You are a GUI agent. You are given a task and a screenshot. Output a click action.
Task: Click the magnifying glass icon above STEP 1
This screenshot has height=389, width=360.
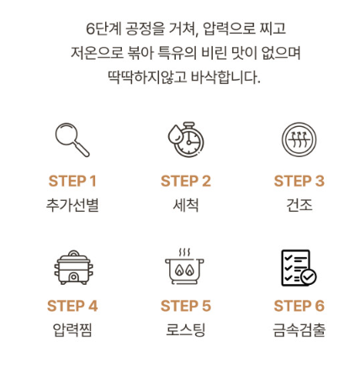pyautogui.click(x=71, y=139)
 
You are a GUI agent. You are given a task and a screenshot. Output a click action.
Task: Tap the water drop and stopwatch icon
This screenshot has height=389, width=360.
pyautogui.click(x=185, y=139)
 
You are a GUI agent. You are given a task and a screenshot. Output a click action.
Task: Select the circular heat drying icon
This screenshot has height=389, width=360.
pyautogui.click(x=299, y=139)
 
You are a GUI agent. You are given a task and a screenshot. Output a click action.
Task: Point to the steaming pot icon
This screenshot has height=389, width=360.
pyautogui.click(x=185, y=266)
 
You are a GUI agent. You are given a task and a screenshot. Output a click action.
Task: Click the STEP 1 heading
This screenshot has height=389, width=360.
pyautogui.click(x=72, y=181)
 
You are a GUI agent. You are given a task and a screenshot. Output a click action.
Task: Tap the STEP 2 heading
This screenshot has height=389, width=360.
pyautogui.click(x=185, y=181)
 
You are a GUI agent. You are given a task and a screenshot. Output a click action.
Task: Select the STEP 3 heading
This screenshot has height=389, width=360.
pyautogui.click(x=299, y=181)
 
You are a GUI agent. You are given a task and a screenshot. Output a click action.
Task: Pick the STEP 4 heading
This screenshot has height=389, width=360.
pyautogui.click(x=72, y=306)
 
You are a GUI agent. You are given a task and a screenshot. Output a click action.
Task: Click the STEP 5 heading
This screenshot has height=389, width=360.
pyautogui.click(x=185, y=306)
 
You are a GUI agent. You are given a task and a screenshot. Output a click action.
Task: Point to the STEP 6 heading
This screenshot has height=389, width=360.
pyautogui.click(x=299, y=306)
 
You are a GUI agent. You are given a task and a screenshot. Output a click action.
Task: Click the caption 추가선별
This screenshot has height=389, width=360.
pyautogui.click(x=72, y=204)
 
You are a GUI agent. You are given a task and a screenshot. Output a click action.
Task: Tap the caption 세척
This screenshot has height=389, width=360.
pyautogui.click(x=185, y=204)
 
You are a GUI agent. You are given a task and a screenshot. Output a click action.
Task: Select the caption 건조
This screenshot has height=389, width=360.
pyautogui.click(x=299, y=204)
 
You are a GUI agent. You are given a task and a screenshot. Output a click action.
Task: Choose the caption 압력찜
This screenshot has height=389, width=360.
pyautogui.click(x=72, y=329)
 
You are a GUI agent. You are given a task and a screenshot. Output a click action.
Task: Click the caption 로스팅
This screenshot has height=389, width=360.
pyautogui.click(x=185, y=329)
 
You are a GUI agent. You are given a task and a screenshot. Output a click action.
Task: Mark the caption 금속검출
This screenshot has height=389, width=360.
pyautogui.click(x=299, y=329)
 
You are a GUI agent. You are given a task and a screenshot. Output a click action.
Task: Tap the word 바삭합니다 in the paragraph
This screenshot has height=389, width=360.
pyautogui.click(x=221, y=78)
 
